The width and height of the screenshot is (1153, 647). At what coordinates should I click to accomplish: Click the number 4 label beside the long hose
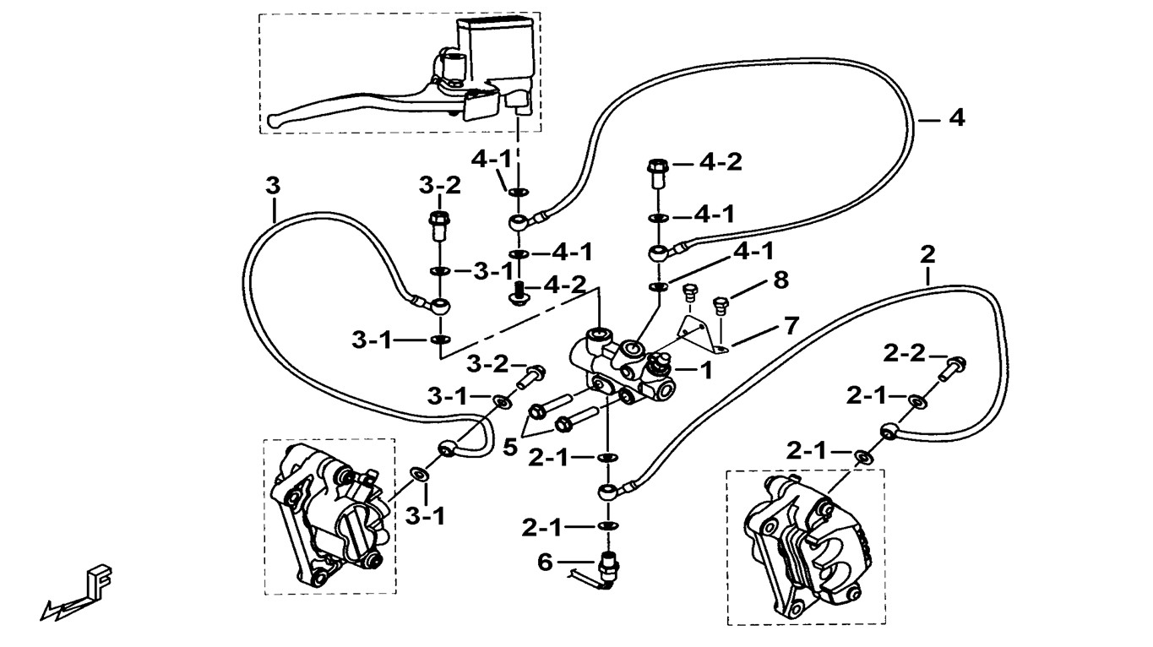pyautogui.click(x=955, y=118)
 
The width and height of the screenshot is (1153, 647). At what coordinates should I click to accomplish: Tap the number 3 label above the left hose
pyautogui.click(x=272, y=186)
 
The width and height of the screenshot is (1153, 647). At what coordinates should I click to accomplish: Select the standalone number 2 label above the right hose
pyautogui.click(x=928, y=253)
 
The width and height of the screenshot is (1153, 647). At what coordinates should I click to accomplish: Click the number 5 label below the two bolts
pyautogui.click(x=509, y=446)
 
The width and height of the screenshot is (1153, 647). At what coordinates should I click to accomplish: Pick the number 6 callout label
pyautogui.click(x=545, y=561)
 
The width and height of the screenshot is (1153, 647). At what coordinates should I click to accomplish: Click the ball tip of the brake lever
pyautogui.click(x=269, y=122)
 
